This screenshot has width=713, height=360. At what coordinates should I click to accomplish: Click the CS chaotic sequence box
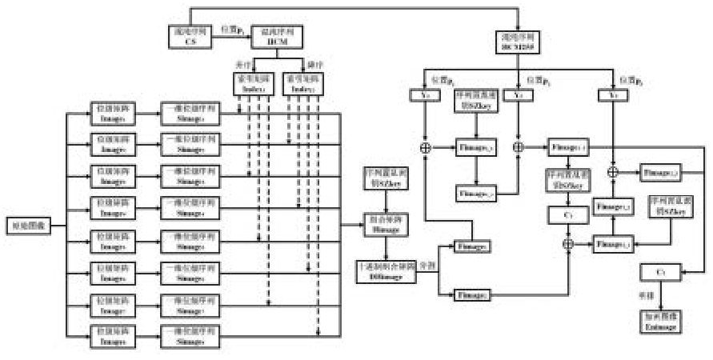coord(190,34)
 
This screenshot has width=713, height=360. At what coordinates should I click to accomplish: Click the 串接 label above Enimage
coord(650,294)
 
